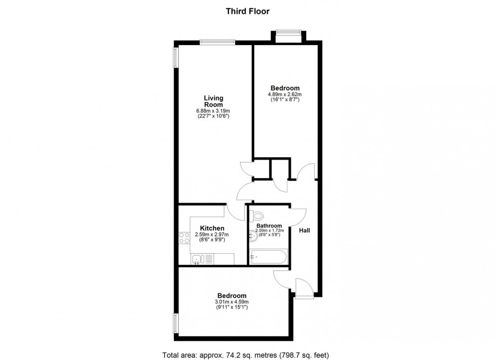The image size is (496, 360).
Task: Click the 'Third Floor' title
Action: coord(247,10)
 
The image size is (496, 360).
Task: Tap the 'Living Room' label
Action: coord(213,101)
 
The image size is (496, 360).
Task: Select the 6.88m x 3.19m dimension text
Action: coord(213,111)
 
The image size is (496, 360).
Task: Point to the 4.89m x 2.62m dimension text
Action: coord(284,94)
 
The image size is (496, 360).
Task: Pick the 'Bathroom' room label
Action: coord(269,226)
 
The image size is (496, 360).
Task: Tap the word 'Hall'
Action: coord(305,231)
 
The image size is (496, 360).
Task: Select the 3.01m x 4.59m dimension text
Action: coord(232,302)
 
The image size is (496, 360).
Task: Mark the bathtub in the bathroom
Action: coord(268,256)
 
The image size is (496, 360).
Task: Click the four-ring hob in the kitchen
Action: coord(184,238)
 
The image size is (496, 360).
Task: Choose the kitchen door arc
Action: coord(234,210)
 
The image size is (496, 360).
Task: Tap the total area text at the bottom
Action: coord(247,354)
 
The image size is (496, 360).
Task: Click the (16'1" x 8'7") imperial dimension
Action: coord(284,100)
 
